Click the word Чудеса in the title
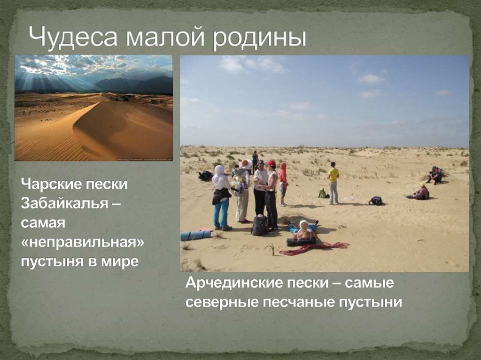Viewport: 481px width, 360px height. pos(70,38)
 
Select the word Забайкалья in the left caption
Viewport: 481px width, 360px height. pos(70,202)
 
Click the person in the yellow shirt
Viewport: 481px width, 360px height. pos(334,183)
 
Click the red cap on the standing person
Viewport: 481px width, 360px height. pos(271,163)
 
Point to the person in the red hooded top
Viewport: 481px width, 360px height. pos(283,184)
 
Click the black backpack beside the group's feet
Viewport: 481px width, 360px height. pos(259,225)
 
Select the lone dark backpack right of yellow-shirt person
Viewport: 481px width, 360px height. pos(375,201)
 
